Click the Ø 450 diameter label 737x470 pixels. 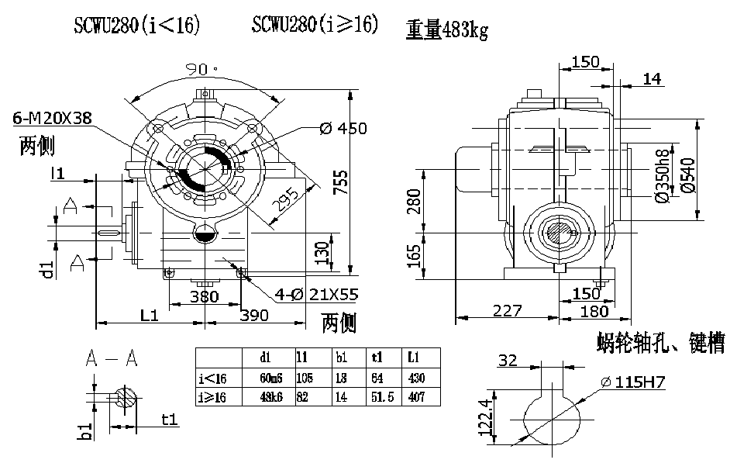(x=343, y=128)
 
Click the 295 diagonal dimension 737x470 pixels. (x=286, y=200)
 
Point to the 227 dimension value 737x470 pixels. (x=507, y=310)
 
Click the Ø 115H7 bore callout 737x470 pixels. (x=634, y=382)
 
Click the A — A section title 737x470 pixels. (x=112, y=358)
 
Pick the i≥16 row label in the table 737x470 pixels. (x=213, y=396)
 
